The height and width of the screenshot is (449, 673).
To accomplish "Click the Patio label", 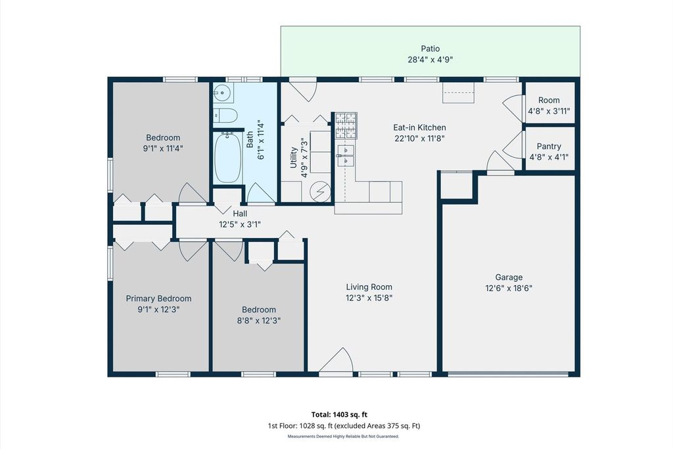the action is pyautogui.click(x=430, y=49).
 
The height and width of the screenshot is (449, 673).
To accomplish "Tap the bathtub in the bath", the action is pyautogui.click(x=227, y=158).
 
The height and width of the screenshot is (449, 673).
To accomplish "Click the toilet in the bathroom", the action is pyautogui.click(x=225, y=116).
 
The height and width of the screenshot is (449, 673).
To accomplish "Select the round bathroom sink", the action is pyautogui.click(x=223, y=93).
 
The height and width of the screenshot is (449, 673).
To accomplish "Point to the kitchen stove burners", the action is pyautogui.click(x=346, y=126).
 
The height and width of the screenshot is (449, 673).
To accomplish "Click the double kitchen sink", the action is pyautogui.click(x=346, y=155).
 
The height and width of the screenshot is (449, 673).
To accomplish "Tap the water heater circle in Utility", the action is pyautogui.click(x=321, y=191).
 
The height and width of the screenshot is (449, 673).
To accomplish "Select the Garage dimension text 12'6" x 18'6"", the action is pyautogui.click(x=509, y=288).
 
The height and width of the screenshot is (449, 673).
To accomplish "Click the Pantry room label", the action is pyautogui.click(x=549, y=147).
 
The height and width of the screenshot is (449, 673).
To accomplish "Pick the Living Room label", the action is pyautogui.click(x=369, y=287).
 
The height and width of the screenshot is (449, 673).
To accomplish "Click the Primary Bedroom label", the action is pyautogui.click(x=158, y=298).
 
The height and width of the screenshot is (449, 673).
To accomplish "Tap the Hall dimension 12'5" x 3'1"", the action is pyautogui.click(x=240, y=224).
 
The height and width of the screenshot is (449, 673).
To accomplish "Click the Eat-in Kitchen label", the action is pyautogui.click(x=419, y=128).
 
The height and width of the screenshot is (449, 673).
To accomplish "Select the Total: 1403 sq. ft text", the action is pyautogui.click(x=339, y=415).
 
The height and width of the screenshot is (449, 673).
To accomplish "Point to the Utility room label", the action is pyautogui.click(x=294, y=158).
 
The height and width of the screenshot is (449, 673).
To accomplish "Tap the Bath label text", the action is pyautogui.click(x=250, y=139).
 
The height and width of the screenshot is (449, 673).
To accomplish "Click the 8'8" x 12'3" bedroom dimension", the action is pyautogui.click(x=259, y=321).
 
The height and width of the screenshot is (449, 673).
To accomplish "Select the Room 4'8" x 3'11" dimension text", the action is pyautogui.click(x=549, y=111).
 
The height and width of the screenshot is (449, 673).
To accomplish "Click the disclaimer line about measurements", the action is pyautogui.click(x=343, y=437).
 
